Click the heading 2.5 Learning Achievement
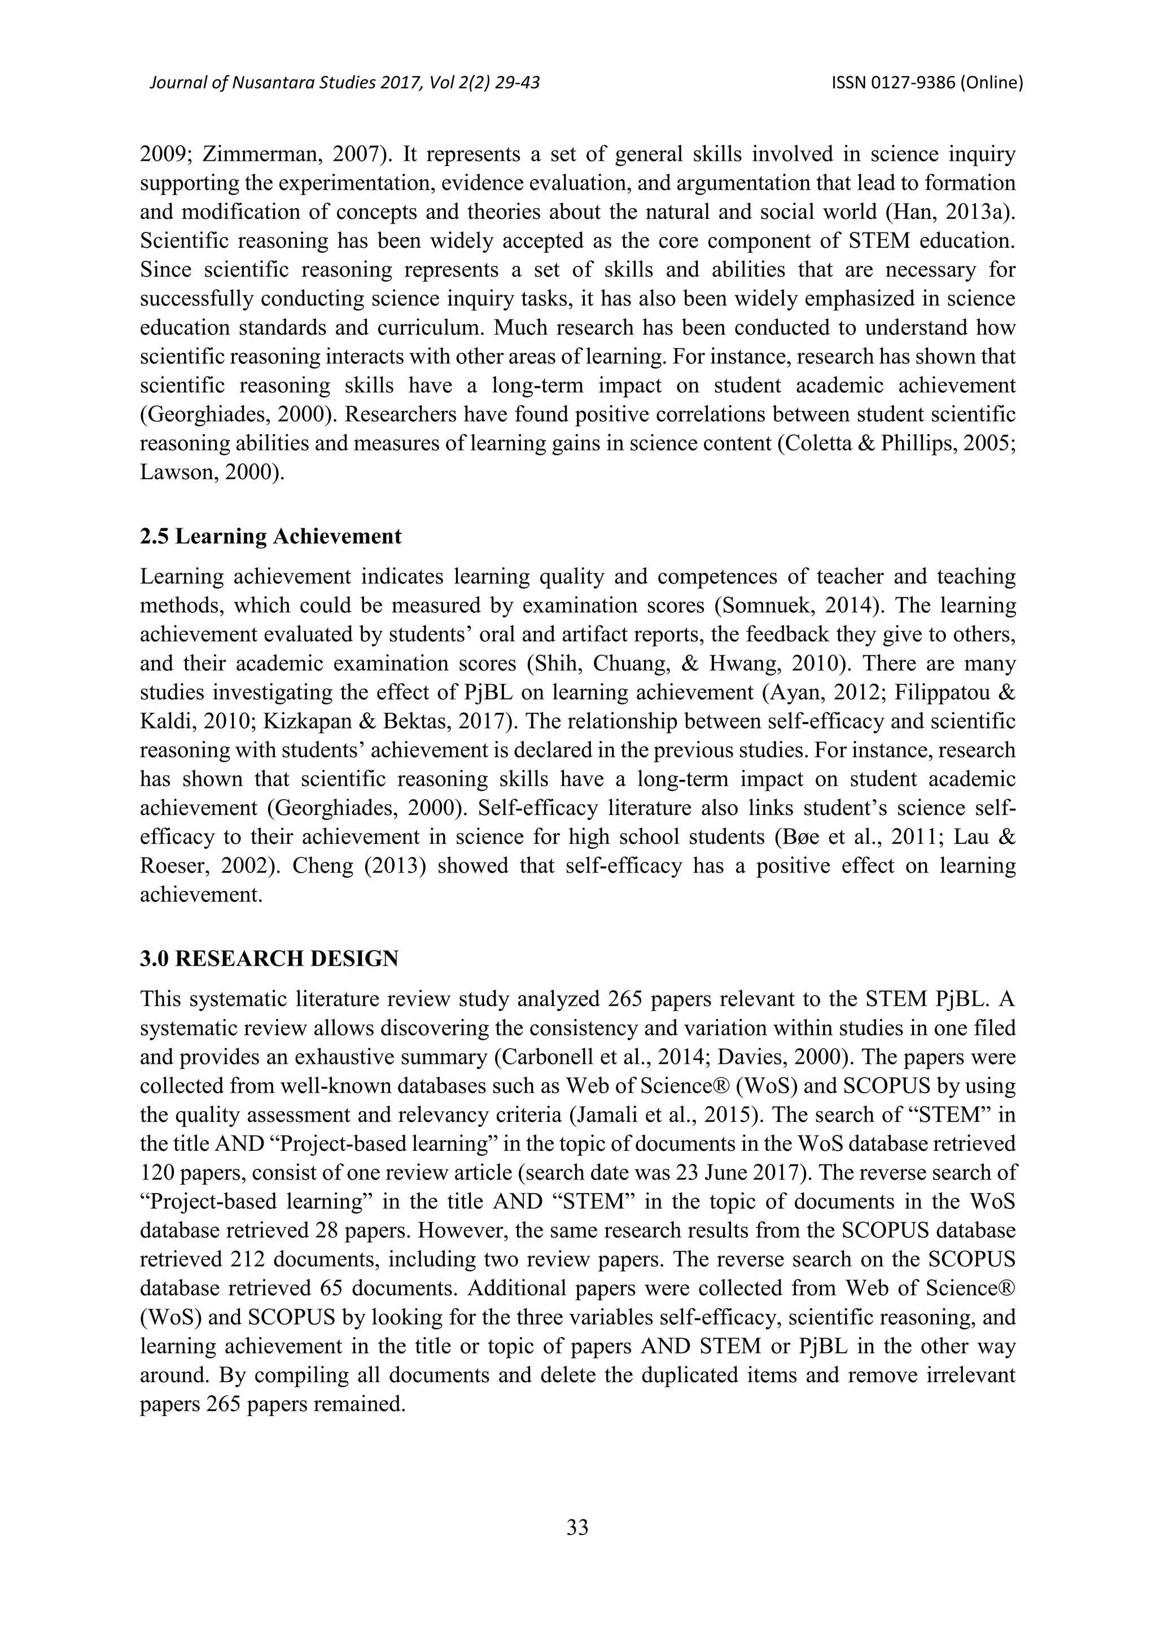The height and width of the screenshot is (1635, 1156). point(271,536)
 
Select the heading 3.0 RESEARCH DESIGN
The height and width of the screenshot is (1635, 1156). point(269,959)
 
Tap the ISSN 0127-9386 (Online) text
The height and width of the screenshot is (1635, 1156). point(927,84)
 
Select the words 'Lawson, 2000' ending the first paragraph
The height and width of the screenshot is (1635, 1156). point(207,473)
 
